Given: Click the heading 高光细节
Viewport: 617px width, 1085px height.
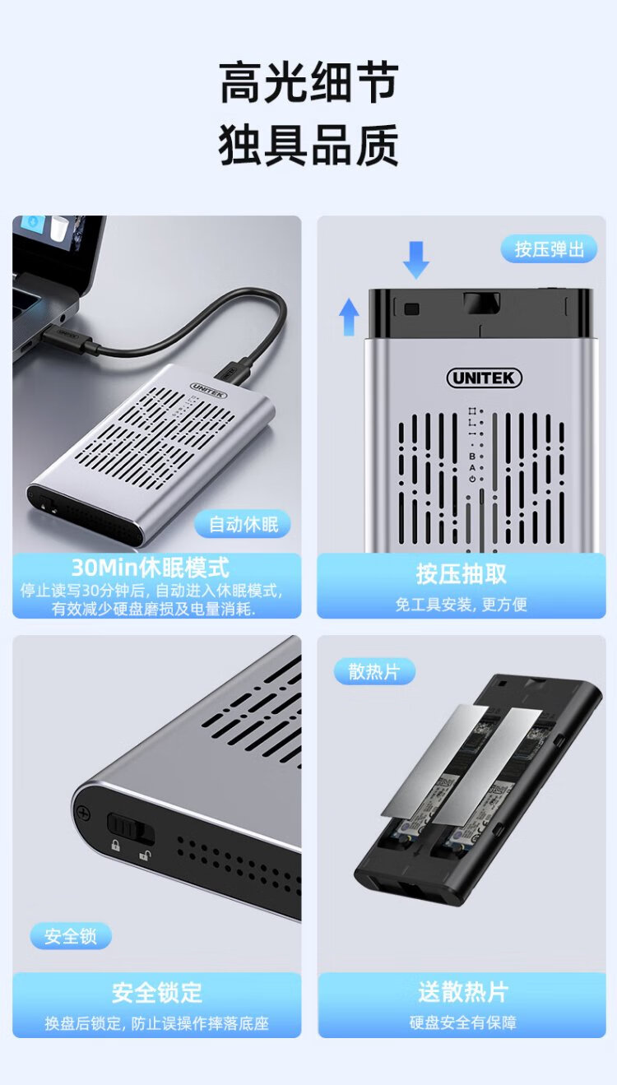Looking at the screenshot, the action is [308, 82].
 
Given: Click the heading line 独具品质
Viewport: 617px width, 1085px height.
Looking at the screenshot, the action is [308, 144].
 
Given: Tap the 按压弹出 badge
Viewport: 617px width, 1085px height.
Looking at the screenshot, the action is [549, 249].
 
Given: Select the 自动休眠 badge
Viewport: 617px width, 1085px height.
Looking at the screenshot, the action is [243, 524].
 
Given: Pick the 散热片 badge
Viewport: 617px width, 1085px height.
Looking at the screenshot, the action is [373, 672].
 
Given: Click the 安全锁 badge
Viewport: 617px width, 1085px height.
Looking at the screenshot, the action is [71, 936].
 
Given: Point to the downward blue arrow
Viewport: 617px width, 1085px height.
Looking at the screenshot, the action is [416, 260].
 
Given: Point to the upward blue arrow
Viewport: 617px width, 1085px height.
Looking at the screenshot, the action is [349, 317].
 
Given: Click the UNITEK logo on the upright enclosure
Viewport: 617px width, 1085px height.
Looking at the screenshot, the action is [484, 378].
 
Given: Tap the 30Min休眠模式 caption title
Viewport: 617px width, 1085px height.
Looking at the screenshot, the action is [151, 568].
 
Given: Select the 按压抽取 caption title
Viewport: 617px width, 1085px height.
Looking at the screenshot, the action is [461, 574].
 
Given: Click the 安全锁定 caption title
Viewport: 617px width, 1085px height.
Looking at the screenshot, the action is [157, 993].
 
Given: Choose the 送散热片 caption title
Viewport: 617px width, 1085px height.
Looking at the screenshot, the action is [463, 991].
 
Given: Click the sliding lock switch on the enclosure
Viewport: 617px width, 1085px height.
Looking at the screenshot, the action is [130, 827].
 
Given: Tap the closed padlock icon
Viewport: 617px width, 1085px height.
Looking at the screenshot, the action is [115, 846].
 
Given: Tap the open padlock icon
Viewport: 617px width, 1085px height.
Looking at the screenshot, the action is [144, 855].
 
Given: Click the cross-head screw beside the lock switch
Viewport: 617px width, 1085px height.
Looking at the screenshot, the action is [84, 812].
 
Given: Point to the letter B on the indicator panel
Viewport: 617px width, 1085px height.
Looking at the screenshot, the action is [472, 457].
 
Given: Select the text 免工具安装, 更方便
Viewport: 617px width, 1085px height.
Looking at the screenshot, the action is [461, 605].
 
